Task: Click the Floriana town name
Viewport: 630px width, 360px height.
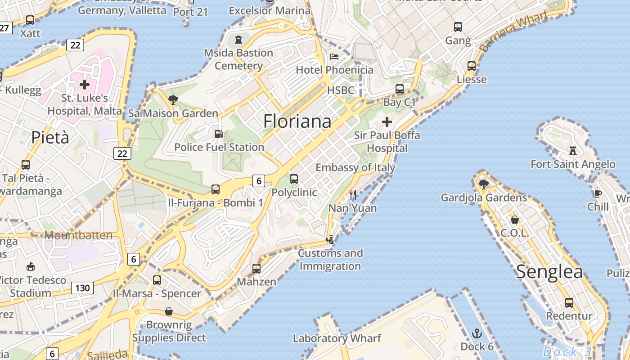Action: (297, 121)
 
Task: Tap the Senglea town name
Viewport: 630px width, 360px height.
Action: (549, 272)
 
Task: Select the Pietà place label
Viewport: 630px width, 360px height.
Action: (50, 138)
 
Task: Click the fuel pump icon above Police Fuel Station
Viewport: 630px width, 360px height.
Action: (219, 134)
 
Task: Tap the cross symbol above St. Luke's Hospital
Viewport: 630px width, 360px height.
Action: (85, 84)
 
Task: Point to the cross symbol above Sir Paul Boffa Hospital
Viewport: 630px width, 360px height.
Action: (387, 122)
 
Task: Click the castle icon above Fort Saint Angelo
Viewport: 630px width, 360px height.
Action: (573, 150)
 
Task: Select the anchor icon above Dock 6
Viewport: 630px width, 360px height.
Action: (477, 333)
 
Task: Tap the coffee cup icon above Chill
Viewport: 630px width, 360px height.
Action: (598, 194)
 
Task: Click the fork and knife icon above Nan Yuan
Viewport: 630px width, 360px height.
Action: (353, 195)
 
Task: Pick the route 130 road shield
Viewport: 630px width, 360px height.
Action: (82, 288)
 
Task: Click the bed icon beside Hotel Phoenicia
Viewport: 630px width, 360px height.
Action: (334, 57)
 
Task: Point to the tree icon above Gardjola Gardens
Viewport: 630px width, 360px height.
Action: (484, 184)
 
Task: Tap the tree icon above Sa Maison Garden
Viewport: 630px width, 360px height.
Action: (173, 100)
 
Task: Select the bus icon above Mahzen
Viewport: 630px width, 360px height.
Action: (256, 269)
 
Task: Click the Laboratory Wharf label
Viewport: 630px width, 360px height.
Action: (337, 338)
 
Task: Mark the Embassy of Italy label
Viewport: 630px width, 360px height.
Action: (355, 168)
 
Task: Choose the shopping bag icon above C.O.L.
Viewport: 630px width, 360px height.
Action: (514, 220)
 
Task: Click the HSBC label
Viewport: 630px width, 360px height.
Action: (341, 90)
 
